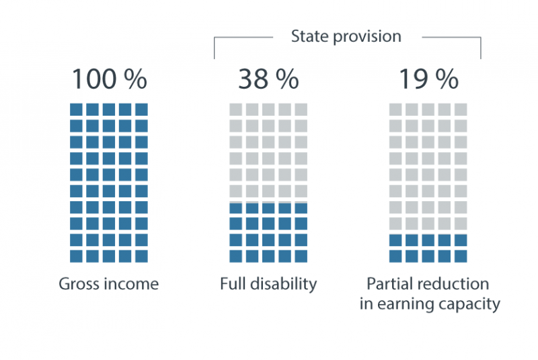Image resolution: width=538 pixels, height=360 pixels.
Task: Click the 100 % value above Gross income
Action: [x=108, y=79]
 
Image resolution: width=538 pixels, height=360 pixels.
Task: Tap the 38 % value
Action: [x=268, y=79]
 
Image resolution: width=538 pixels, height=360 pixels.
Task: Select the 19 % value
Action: [x=428, y=79]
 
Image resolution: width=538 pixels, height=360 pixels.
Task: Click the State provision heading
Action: [x=346, y=36]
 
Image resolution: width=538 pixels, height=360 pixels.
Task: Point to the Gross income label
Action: [x=108, y=284]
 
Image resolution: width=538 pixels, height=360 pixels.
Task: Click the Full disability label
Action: [x=268, y=284]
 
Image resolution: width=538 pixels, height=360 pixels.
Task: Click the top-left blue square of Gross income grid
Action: [x=76, y=109]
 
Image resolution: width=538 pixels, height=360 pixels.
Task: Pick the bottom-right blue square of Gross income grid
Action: [x=141, y=256]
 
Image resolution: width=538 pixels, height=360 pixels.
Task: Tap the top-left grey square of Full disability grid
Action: [x=236, y=109]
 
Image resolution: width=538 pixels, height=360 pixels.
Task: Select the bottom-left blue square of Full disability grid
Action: [x=236, y=256]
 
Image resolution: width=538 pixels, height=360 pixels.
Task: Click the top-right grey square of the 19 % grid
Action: [x=461, y=109]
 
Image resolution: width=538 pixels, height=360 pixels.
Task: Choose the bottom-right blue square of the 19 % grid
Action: [x=461, y=256]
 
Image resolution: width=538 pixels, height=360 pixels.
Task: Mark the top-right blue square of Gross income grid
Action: [x=141, y=109]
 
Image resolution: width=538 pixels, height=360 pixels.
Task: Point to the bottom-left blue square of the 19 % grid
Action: [x=395, y=256]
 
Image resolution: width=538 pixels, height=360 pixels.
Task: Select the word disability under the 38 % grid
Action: [x=283, y=284]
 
